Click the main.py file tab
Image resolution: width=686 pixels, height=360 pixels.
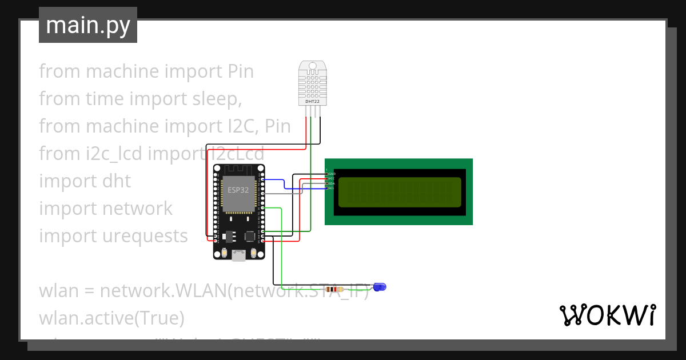[87, 25]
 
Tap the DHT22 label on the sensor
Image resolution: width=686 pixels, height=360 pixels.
[312, 101]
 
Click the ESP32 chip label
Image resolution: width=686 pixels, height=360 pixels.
[238, 190]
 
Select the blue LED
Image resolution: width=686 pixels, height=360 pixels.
[380, 286]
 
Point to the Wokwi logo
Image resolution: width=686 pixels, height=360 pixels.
[607, 315]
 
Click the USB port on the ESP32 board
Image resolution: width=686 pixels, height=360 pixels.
[239, 256]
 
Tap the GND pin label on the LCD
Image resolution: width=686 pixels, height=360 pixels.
[331, 173]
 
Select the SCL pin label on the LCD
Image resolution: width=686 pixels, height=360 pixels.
[331, 188]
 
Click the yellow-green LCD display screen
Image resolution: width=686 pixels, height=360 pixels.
[400, 192]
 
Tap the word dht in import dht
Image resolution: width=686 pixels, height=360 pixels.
[117, 181]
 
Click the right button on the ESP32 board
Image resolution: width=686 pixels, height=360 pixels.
[254, 253]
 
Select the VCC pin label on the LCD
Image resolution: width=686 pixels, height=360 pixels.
[331, 178]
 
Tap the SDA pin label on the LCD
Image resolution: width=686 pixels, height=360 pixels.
[331, 183]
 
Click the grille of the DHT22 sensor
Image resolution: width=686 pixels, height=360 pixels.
[312, 83]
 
